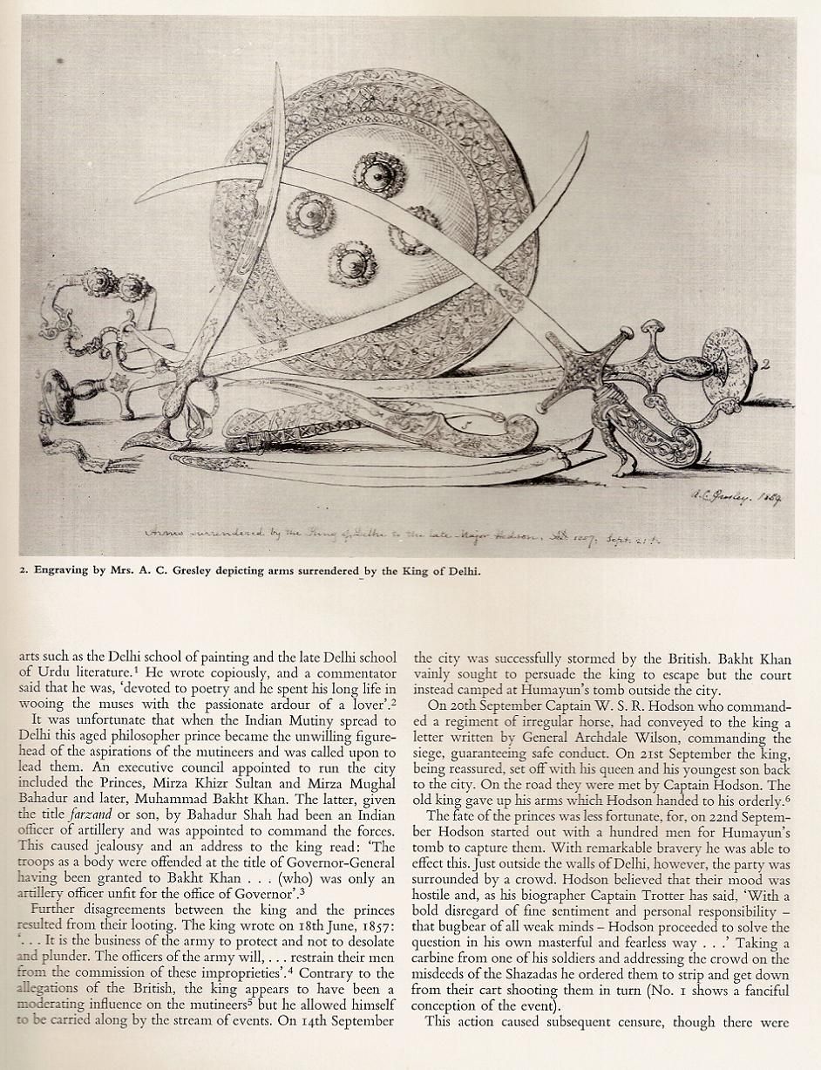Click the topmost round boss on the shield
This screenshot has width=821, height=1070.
[x=378, y=174]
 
